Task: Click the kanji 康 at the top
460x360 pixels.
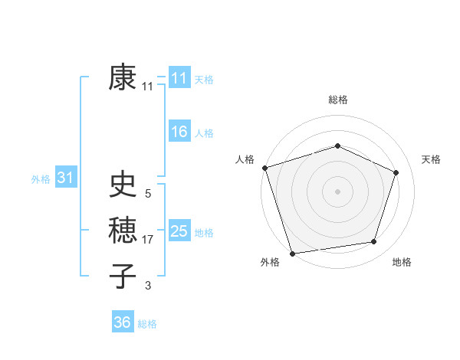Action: [123, 78]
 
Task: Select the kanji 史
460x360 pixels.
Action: [123, 185]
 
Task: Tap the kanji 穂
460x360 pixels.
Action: [123, 230]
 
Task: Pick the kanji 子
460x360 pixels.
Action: [123, 276]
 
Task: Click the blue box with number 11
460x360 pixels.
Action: [179, 78]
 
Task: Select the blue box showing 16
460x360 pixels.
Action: [179, 132]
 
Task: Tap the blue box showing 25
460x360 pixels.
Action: [179, 231]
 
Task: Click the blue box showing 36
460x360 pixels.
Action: [123, 322]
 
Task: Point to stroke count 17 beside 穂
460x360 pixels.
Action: [149, 240]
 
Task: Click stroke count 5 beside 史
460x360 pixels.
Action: [148, 194]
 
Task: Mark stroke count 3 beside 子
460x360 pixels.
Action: [148, 286]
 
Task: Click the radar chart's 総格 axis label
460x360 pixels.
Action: [337, 100]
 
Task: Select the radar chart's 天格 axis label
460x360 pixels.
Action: [432, 159]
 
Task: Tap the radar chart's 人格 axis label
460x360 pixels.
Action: [245, 159]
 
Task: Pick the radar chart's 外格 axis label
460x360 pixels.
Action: [269, 263]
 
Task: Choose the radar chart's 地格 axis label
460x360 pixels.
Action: [402, 263]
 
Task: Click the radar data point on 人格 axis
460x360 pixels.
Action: [264, 168]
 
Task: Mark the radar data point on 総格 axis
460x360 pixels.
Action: [337, 146]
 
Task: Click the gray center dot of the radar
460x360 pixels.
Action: [337, 191]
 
